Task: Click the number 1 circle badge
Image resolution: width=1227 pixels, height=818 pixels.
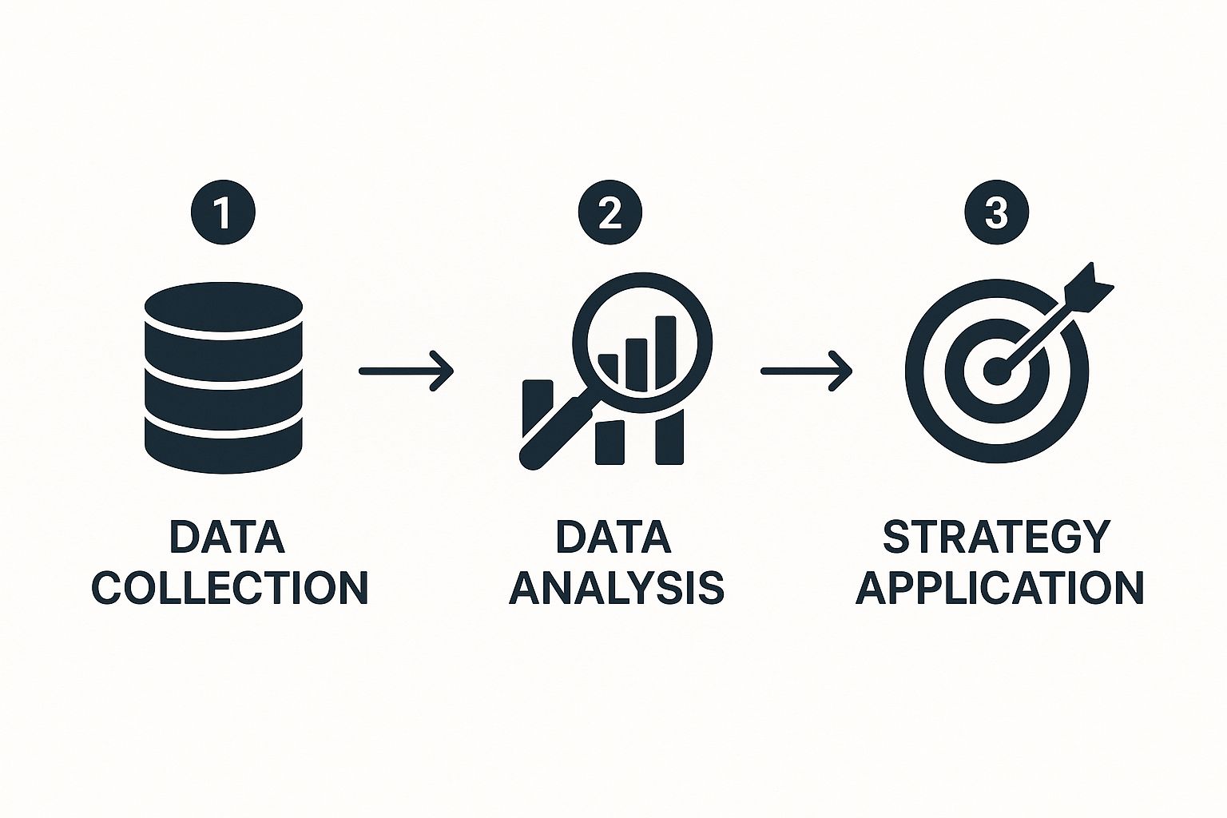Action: point(223,212)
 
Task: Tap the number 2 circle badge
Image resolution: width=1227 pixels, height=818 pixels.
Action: point(610,212)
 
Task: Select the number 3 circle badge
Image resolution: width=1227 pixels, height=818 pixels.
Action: point(996,212)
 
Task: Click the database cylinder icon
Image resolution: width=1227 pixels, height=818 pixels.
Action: point(224,378)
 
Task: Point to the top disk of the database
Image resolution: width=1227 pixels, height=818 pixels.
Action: point(224,307)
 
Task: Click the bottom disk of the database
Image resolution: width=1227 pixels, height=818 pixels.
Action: point(224,445)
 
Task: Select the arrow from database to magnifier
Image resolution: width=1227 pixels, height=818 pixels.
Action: point(406,371)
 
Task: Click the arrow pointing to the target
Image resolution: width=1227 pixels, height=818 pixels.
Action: point(806,371)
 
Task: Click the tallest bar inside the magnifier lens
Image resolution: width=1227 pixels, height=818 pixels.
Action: point(665,351)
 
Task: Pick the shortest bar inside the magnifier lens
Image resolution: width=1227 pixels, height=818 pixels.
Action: point(608,368)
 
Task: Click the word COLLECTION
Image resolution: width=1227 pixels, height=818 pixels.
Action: point(229,588)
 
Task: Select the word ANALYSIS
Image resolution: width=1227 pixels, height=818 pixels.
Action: point(617,588)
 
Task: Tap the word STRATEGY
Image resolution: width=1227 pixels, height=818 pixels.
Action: point(996,537)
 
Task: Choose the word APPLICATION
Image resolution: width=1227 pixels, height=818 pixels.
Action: point(999,588)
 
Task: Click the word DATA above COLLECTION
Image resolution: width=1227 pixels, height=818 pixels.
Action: point(228,537)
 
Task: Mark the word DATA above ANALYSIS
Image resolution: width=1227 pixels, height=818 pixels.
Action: point(613,537)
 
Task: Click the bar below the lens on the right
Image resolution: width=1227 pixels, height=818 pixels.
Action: point(669,437)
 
